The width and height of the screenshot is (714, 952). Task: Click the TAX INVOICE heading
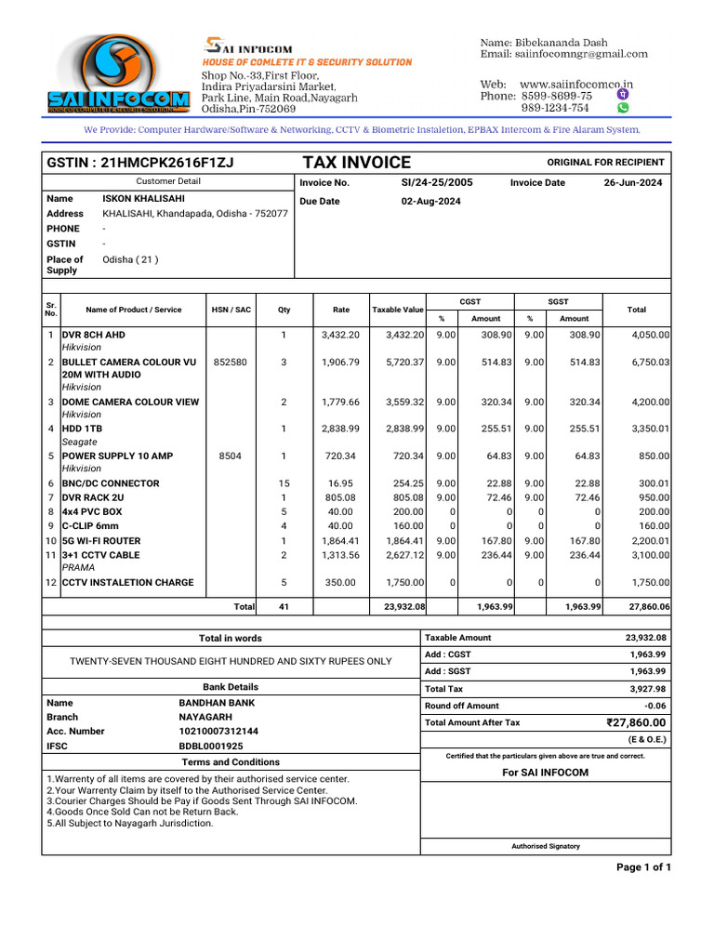pyautogui.click(x=356, y=163)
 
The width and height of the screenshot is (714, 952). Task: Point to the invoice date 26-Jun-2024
pyautogui.click(x=633, y=183)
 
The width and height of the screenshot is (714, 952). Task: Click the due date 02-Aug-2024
pyautogui.click(x=430, y=201)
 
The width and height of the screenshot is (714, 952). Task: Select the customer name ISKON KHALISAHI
pyautogui.click(x=143, y=198)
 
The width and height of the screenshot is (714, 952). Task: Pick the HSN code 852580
pyautogui.click(x=230, y=362)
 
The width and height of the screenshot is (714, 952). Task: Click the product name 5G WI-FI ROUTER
pyautogui.click(x=101, y=540)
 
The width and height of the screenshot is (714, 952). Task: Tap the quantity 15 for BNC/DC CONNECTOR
pyautogui.click(x=284, y=483)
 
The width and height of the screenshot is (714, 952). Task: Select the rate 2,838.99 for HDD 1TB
pyautogui.click(x=338, y=430)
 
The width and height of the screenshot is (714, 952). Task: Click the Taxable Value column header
pyautogui.click(x=398, y=310)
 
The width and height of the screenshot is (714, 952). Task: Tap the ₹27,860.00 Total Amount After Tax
pyautogui.click(x=635, y=722)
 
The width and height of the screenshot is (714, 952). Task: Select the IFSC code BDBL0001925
pyautogui.click(x=211, y=747)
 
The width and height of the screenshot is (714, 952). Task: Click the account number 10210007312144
pyautogui.click(x=218, y=732)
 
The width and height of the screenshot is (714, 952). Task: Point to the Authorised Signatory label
pyautogui.click(x=546, y=846)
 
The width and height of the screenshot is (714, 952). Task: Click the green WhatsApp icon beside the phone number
pyautogui.click(x=623, y=108)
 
